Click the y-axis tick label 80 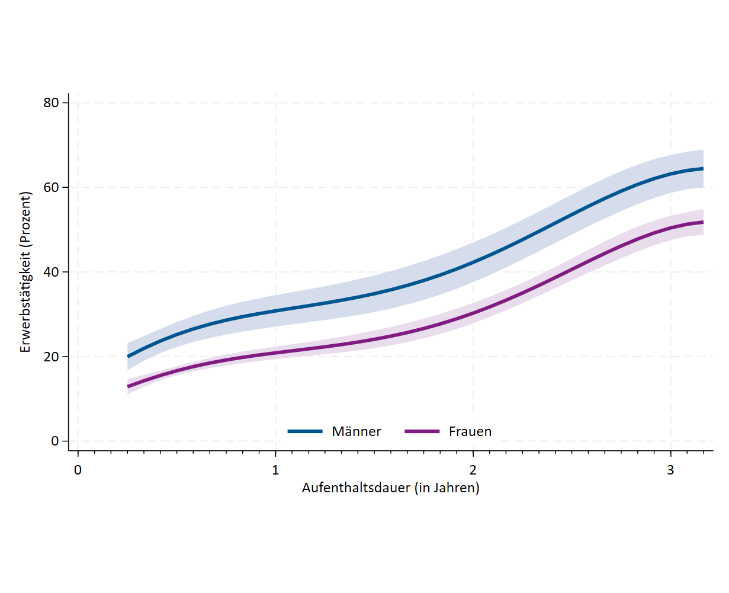52,102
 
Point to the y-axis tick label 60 52,187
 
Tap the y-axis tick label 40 52,272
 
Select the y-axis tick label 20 52,357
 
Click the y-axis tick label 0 56,441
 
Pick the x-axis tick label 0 78,470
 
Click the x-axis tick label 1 275,470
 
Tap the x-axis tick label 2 473,470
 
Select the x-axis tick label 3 670,470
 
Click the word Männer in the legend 357,431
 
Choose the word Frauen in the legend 470,431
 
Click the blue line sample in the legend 305,431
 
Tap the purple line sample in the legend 422,431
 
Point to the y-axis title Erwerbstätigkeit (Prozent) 25,272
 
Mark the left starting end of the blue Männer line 128,356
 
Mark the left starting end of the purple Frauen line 128,386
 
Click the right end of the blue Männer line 702,169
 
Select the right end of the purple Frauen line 702,222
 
